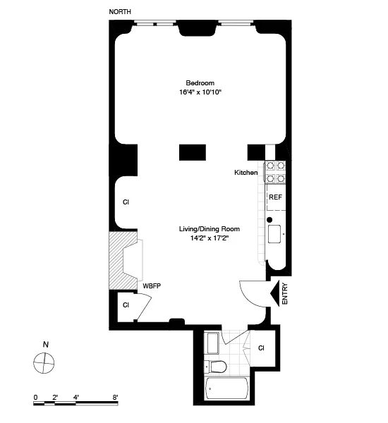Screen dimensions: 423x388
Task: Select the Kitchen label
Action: (246, 173)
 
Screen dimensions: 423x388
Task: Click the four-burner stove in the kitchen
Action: (274, 172)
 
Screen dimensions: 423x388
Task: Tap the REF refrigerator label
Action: (275, 197)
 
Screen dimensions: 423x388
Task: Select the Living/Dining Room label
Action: (210, 229)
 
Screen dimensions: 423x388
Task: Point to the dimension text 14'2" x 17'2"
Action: (210, 238)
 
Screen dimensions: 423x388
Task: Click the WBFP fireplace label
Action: (152, 286)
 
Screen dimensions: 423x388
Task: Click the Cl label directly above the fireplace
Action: (126, 202)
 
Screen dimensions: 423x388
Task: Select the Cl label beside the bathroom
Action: (261, 348)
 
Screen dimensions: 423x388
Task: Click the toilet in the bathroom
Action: (217, 366)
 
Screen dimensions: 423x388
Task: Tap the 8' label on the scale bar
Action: (114, 398)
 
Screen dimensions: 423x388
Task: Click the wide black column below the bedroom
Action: (192, 152)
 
